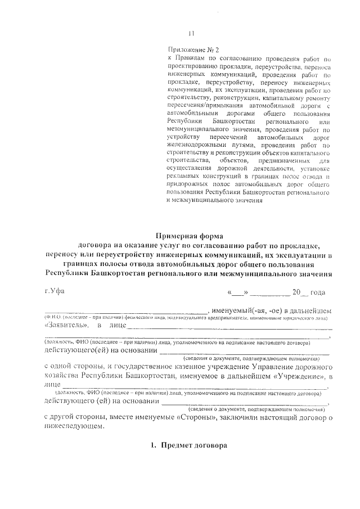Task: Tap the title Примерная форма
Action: tap(189, 236)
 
